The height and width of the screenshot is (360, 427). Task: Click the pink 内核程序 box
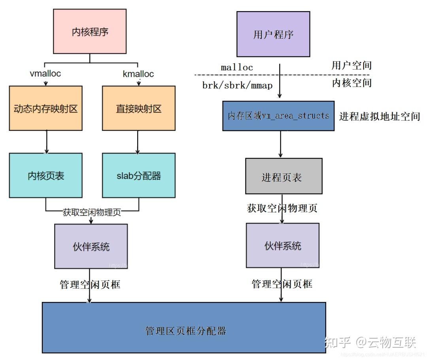[90, 31]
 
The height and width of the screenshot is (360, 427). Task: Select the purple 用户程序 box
[273, 34]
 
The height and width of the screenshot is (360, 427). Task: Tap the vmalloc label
[45, 74]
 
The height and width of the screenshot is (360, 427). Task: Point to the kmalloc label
[138, 74]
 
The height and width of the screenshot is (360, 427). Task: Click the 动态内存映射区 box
[45, 108]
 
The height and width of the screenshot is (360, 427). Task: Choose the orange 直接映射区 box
[138, 108]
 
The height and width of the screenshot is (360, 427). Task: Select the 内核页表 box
[45, 175]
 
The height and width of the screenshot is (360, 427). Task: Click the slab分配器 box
[138, 175]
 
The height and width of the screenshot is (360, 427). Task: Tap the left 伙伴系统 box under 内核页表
[91, 246]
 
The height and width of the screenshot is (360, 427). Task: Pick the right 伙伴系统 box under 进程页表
[282, 245]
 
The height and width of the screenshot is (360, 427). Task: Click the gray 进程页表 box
[283, 176]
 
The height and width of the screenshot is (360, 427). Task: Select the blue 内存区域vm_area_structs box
[278, 115]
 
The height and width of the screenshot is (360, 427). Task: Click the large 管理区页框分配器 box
[184, 328]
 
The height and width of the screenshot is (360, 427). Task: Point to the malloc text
[237, 68]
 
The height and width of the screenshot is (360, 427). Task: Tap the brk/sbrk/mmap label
[237, 85]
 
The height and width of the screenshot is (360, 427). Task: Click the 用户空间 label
[351, 65]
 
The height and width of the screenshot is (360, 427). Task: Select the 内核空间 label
[351, 83]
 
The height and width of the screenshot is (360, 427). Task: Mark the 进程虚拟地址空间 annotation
[379, 117]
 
